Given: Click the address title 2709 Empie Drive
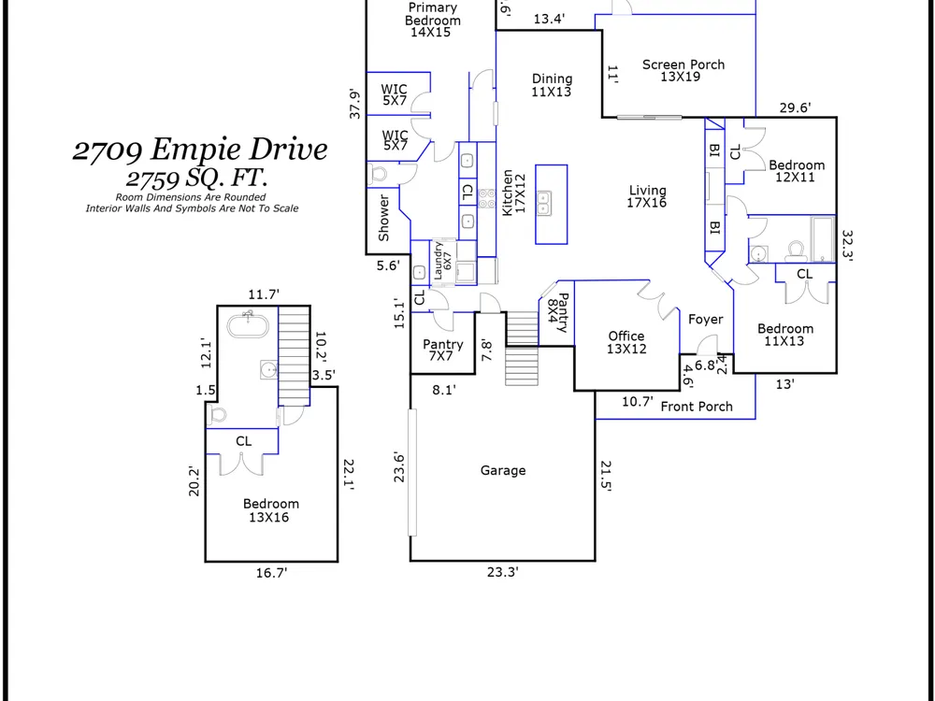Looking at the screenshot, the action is pyautogui.click(x=200, y=150).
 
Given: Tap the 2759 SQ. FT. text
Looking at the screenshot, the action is pyautogui.click(x=196, y=178).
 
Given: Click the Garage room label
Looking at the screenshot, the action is pyautogui.click(x=503, y=471).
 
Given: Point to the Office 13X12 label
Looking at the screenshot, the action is pyautogui.click(x=626, y=343).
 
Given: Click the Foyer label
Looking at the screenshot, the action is pyautogui.click(x=705, y=320).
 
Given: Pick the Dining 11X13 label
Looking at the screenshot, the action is pyautogui.click(x=552, y=85).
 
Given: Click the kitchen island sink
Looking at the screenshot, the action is pyautogui.click(x=543, y=202).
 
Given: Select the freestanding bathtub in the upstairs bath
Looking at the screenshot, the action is pyautogui.click(x=248, y=325).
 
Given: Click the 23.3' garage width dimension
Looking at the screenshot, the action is pyautogui.click(x=503, y=572).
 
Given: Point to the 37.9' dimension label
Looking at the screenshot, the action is pyautogui.click(x=354, y=105).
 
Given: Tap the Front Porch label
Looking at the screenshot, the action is pyautogui.click(x=697, y=407).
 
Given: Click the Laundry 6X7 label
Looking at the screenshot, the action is pyautogui.click(x=442, y=261).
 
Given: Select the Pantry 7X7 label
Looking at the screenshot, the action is pyautogui.click(x=442, y=350).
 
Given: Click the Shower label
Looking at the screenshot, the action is pyautogui.click(x=383, y=218).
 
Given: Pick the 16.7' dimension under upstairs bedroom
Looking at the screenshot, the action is pyautogui.click(x=271, y=573).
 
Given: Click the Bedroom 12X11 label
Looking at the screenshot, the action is pyautogui.click(x=796, y=171).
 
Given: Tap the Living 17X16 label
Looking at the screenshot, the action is pyautogui.click(x=647, y=196).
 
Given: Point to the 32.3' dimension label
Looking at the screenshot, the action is pyautogui.click(x=847, y=246).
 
